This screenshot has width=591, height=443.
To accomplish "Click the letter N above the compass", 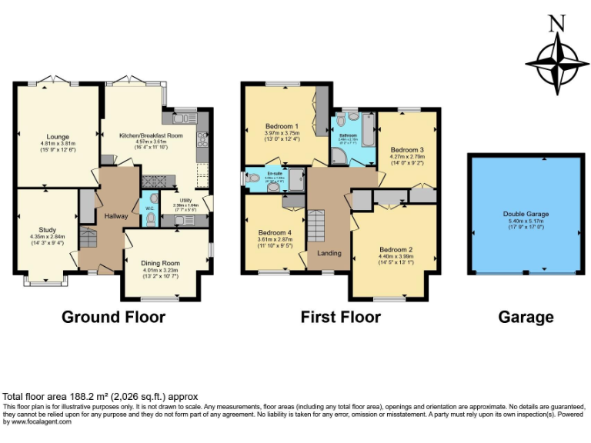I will pos(556,24).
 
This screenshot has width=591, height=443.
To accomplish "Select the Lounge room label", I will pos(57,137).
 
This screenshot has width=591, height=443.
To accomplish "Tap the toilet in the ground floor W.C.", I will pos(151,220).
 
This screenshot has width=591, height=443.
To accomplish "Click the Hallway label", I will pos(116,217).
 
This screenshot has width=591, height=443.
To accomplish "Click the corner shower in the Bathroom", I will pos(339,157).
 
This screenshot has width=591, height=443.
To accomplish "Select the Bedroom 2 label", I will pos(396,250).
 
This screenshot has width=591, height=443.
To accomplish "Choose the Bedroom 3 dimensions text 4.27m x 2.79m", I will pos(407,156).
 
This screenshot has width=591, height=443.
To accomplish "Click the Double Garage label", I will pos(526,214).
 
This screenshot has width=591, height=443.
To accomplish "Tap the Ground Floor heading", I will pos(113,317).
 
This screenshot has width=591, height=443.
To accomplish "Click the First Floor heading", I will pos(340,317).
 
